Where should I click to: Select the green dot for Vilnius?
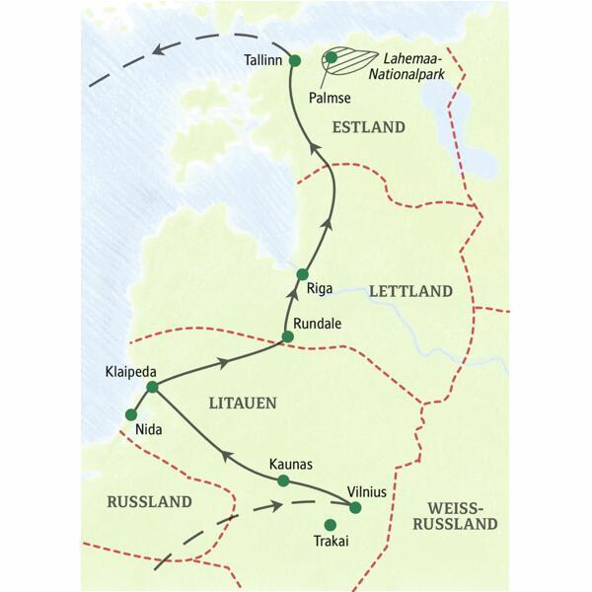coord(356,508)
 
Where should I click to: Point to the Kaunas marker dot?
coord(283,481)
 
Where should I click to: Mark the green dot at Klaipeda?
coord(152,387)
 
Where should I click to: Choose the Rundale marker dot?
coord(287,337)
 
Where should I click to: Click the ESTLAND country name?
coord(369,127)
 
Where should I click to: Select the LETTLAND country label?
coord(409,292)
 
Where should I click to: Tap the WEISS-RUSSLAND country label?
coord(455,515)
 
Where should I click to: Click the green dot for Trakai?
coord(331,525)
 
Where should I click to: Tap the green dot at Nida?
coord(130,414)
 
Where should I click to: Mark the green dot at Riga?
coord(303,274)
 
